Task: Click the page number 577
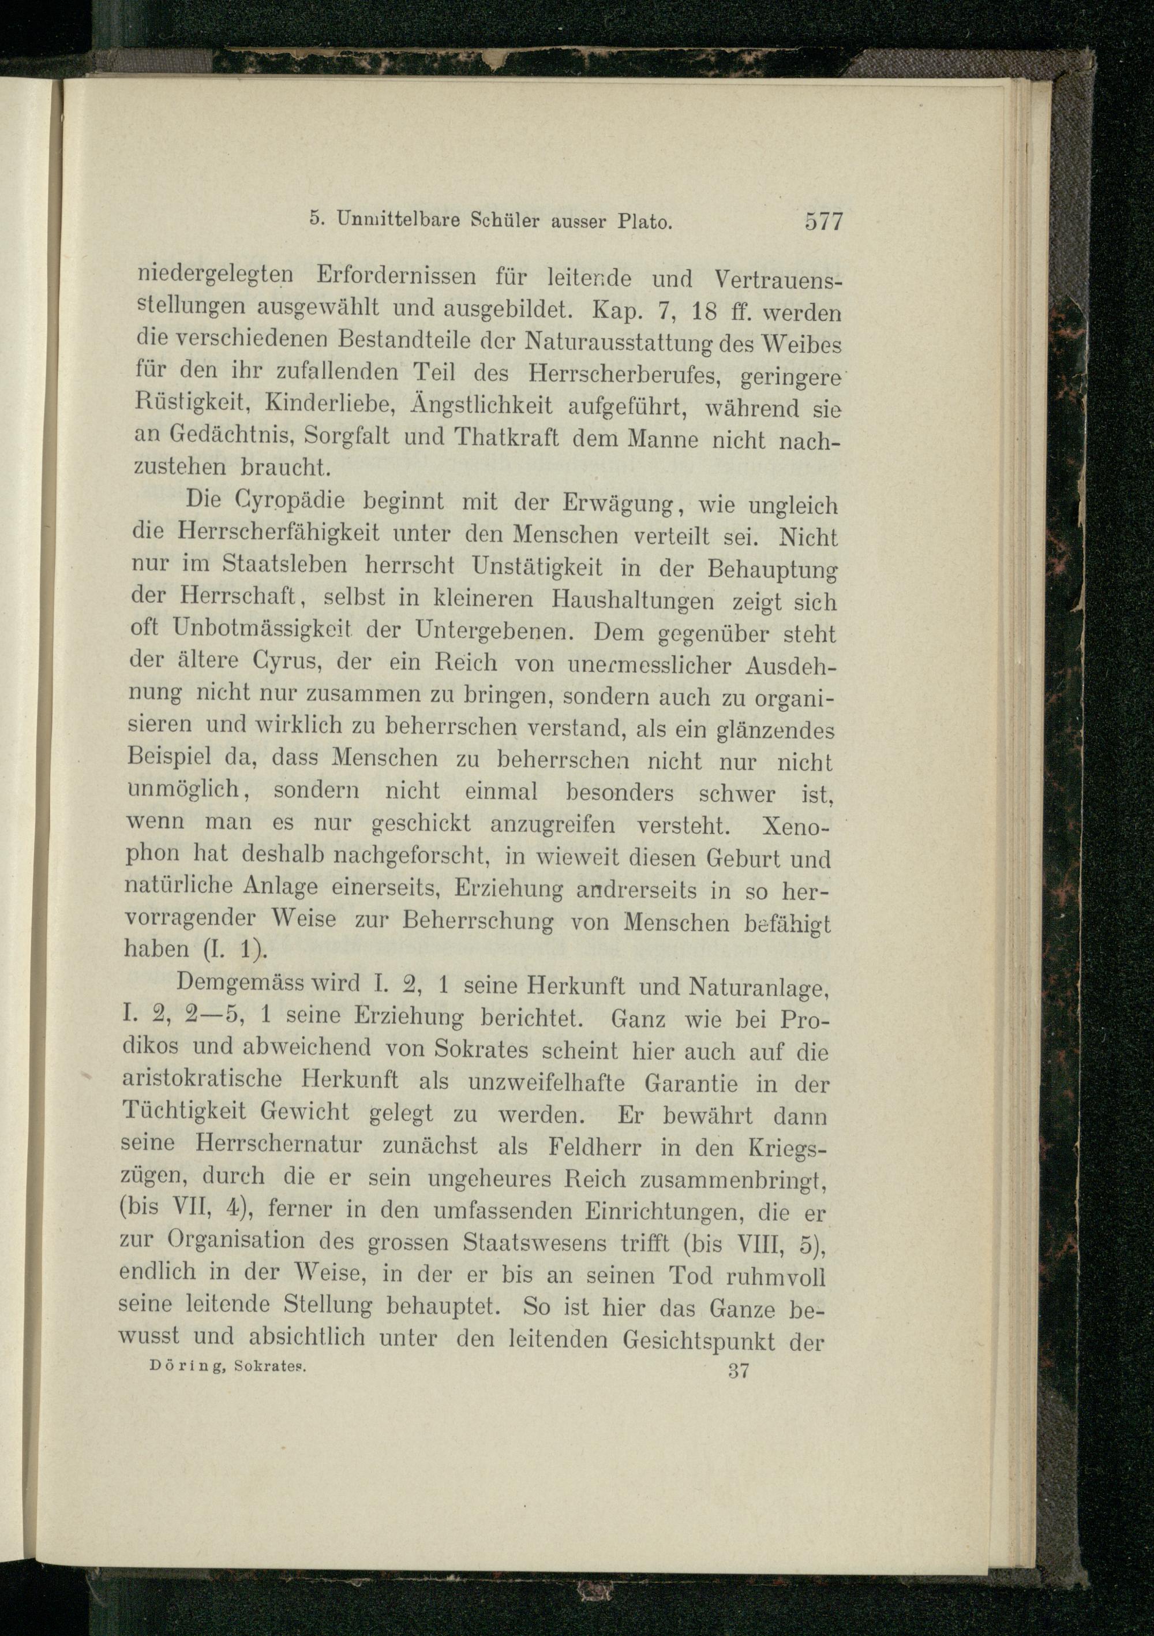click(x=823, y=222)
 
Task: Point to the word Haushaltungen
click(x=632, y=600)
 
